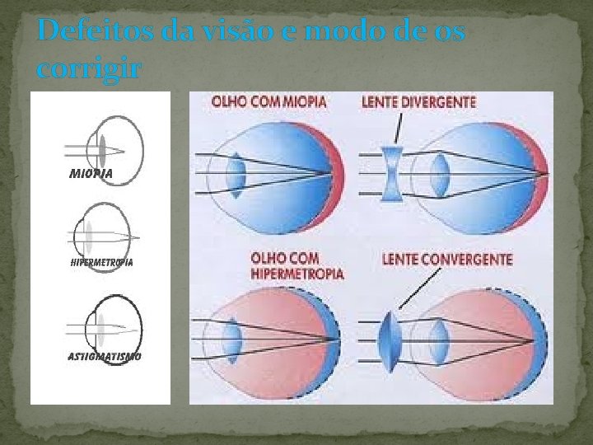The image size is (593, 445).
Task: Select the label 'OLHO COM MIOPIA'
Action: point(268,102)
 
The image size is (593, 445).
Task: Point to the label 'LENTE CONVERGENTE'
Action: point(447,259)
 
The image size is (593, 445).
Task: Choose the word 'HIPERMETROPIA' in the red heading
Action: point(297,273)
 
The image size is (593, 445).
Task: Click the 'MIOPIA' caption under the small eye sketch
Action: point(91,174)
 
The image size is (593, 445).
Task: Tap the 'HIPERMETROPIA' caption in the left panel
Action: point(101,262)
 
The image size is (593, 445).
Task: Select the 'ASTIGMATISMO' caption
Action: point(104,356)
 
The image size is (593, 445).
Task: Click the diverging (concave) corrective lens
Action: point(391,174)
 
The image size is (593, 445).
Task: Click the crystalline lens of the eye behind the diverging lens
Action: point(441,173)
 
